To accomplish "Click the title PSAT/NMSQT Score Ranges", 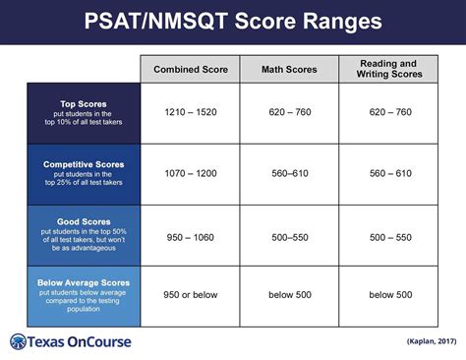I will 233,21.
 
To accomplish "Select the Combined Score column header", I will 190,70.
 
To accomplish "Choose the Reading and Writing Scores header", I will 389,69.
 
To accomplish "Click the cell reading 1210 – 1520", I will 190,112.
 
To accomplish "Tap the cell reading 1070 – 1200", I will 190,173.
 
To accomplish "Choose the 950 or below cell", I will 190,294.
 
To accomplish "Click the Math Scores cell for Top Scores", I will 289,112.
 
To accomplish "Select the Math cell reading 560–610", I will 289,173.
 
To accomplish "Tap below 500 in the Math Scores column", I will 289,294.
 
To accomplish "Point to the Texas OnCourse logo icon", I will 19,342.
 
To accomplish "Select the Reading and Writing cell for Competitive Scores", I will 389,173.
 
